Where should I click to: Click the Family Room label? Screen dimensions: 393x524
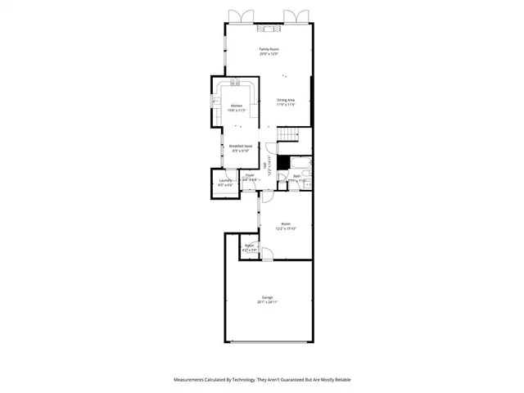pos(269,50)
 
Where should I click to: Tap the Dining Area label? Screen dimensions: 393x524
pos(285,100)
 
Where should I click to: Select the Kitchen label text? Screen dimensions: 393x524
pos(236,106)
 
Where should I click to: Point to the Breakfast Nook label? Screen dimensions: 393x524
pos(241,146)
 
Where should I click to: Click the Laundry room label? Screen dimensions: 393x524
pos(225,180)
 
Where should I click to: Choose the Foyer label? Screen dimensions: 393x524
pos(250,174)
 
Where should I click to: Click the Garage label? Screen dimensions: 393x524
pos(268,297)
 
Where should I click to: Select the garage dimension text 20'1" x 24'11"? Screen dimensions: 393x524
pos(268,302)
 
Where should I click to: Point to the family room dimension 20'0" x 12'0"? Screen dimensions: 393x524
pos(269,55)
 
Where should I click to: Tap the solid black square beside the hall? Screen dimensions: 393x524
pos(283,162)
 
